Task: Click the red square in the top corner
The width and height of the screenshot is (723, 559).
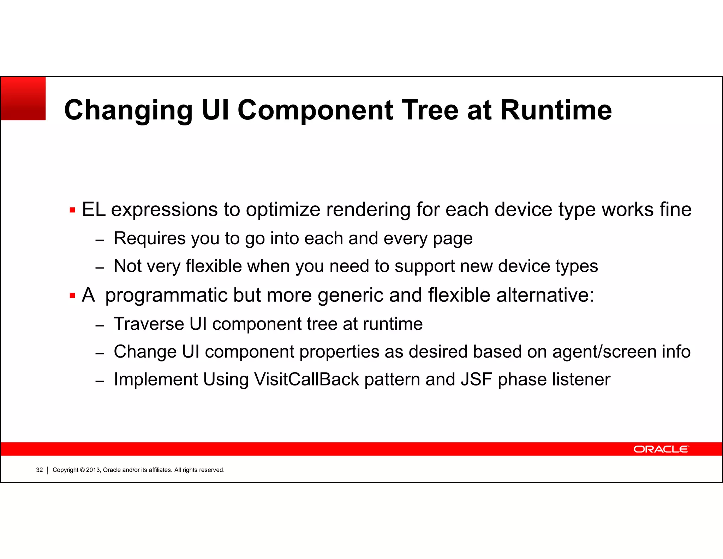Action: [23, 99]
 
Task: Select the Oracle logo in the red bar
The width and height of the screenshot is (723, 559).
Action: [661, 449]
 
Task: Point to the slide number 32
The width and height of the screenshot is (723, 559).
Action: [39, 470]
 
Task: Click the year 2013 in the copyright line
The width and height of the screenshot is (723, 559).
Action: [93, 470]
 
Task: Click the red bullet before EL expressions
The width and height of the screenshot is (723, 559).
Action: [72, 211]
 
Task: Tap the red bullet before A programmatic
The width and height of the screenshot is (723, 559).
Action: [72, 296]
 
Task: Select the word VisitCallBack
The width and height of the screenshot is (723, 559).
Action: [306, 379]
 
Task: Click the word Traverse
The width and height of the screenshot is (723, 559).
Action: [149, 324]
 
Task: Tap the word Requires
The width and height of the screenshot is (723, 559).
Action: [149, 239]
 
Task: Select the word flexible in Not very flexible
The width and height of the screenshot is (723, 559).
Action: [214, 266]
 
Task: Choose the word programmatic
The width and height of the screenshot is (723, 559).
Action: [166, 296]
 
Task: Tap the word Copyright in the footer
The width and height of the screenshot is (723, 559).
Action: [65, 470]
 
